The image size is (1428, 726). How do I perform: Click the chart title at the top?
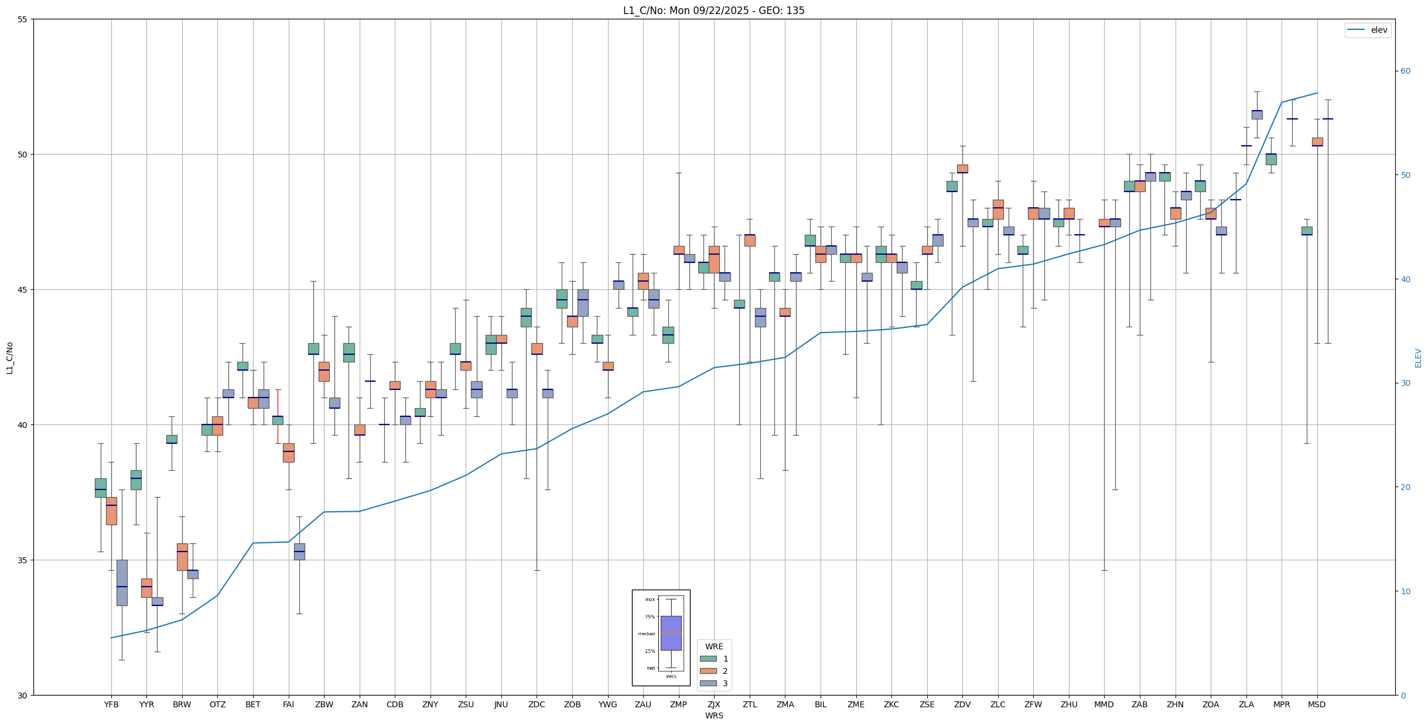pyautogui.click(x=713, y=11)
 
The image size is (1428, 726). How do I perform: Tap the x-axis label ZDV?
pyautogui.click(x=962, y=704)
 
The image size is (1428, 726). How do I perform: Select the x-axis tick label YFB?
pyautogui.click(x=111, y=704)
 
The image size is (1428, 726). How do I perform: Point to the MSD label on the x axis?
pyautogui.click(x=1317, y=704)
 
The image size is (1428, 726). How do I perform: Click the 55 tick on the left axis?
pyautogui.click(x=23, y=19)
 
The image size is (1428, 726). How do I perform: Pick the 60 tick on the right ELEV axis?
pyautogui.click(x=1405, y=71)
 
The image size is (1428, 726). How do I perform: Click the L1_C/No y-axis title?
pyautogui.click(x=9, y=358)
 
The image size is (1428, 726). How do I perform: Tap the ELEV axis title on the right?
pyautogui.click(x=1418, y=358)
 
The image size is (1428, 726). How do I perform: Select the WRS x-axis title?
pyautogui.click(x=713, y=715)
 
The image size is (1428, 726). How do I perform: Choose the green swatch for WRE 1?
pyautogui.click(x=708, y=659)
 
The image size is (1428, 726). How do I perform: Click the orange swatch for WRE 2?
pyautogui.click(x=708, y=671)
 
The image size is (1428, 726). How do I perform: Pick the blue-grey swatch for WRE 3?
pyautogui.click(x=708, y=683)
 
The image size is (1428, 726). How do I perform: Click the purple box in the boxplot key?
pyautogui.click(x=671, y=633)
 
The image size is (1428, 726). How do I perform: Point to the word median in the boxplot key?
pyautogui.click(x=647, y=633)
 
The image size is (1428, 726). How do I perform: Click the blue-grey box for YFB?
pyautogui.click(x=122, y=582)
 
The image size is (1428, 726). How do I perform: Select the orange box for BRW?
pyautogui.click(x=182, y=557)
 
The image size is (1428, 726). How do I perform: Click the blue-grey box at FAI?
pyautogui.click(x=299, y=552)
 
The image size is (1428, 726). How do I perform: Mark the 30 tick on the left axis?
pyautogui.click(x=23, y=695)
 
